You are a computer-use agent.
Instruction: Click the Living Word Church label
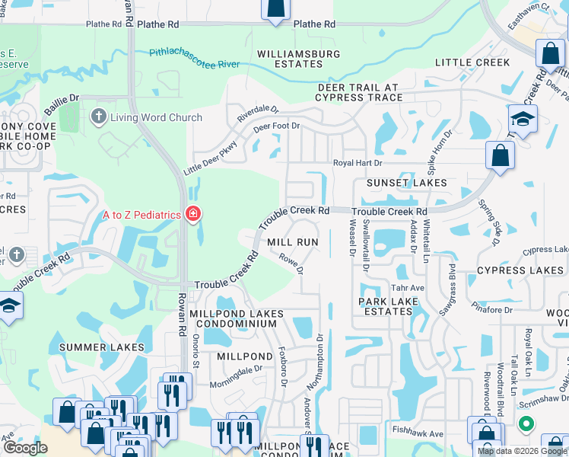156,117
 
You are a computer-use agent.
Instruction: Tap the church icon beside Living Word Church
98,117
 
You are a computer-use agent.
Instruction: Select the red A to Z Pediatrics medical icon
193,214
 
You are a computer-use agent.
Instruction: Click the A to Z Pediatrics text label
142,214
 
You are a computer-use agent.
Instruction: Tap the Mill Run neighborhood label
292,241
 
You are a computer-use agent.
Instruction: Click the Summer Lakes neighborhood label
101,347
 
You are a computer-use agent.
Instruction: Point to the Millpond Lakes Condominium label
237,318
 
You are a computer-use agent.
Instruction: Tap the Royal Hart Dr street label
358,163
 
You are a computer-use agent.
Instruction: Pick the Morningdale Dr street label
236,375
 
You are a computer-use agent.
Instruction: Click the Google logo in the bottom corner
25,448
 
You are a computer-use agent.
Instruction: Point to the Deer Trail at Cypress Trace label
360,92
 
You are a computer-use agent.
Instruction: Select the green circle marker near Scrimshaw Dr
526,423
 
